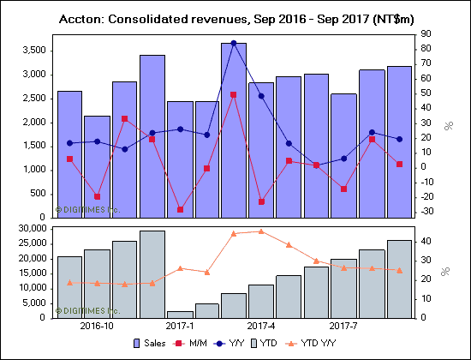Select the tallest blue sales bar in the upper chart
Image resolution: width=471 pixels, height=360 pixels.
click(x=234, y=129)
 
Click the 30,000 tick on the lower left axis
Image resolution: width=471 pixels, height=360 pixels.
click(x=29, y=229)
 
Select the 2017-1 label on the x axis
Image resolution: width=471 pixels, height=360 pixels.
click(x=180, y=326)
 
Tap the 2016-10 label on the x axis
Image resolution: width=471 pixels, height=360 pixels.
click(x=97, y=326)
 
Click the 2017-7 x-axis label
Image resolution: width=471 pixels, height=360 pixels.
click(x=343, y=326)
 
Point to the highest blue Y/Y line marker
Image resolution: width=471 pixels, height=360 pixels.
click(x=234, y=43)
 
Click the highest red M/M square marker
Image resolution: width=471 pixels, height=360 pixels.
click(x=234, y=95)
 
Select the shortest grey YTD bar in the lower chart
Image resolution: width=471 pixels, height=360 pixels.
click(x=180, y=314)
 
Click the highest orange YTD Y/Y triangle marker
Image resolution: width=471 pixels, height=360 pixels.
click(x=261, y=231)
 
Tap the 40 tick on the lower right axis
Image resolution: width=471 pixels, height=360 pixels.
click(x=426, y=242)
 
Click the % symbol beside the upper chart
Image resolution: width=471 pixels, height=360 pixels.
click(x=447, y=126)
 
